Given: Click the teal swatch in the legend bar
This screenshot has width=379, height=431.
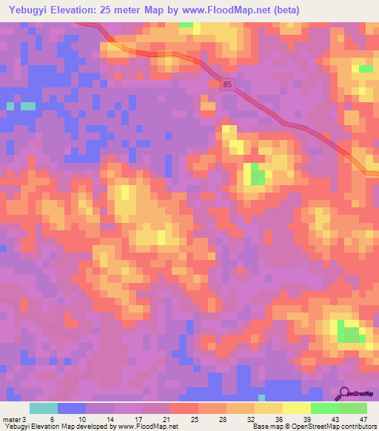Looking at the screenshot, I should (44, 408).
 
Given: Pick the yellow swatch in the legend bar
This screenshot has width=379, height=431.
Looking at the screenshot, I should (296, 408).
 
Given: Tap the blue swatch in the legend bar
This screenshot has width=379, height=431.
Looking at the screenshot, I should (72, 408).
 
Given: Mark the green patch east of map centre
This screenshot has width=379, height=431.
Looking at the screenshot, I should (258, 176).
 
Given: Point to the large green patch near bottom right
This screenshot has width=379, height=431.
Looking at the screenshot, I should (350, 333).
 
